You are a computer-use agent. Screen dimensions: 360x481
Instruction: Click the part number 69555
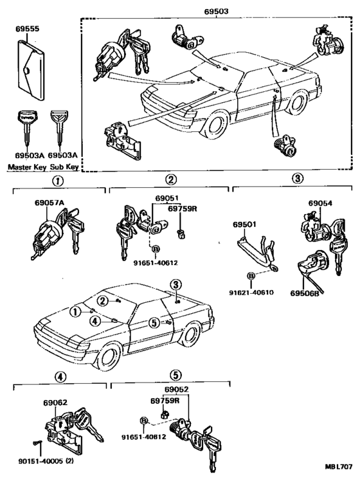[x=28, y=29]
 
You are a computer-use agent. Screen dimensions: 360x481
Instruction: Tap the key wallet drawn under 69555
[x=30, y=70]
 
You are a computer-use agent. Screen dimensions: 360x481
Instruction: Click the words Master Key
[x=27, y=167]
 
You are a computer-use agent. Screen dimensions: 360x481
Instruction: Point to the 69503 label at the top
[x=217, y=12]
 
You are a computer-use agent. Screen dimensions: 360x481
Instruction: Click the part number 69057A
[x=50, y=203]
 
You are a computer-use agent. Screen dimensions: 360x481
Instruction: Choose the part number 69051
[x=166, y=198]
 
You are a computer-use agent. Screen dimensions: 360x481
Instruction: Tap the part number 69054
[x=320, y=203]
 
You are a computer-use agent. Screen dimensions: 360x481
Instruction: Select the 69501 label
[x=244, y=224]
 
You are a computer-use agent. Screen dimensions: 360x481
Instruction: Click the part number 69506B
[x=305, y=293]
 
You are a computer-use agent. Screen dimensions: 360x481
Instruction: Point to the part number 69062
[x=55, y=403]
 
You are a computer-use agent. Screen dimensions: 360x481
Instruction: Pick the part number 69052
[x=177, y=389]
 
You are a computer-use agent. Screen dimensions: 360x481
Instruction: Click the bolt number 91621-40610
[x=251, y=293]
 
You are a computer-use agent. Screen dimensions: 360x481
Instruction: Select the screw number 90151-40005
[x=40, y=461]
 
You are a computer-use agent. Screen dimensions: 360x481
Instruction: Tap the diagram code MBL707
[x=339, y=467]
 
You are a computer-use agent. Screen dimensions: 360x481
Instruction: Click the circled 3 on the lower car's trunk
[x=175, y=285]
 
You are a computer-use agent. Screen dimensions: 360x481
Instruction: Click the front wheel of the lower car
[x=109, y=358]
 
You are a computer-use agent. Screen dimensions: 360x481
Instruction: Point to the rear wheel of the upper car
[x=298, y=103]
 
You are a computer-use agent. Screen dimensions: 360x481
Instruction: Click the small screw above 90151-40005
[x=36, y=442]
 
